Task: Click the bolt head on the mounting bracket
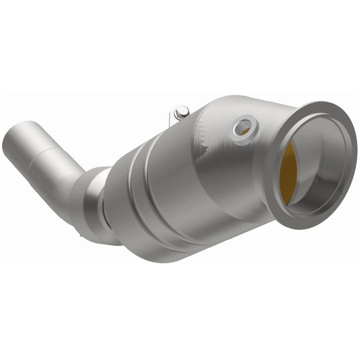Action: pyautogui.click(x=182, y=110)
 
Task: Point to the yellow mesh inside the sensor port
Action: pyautogui.click(x=246, y=130)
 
